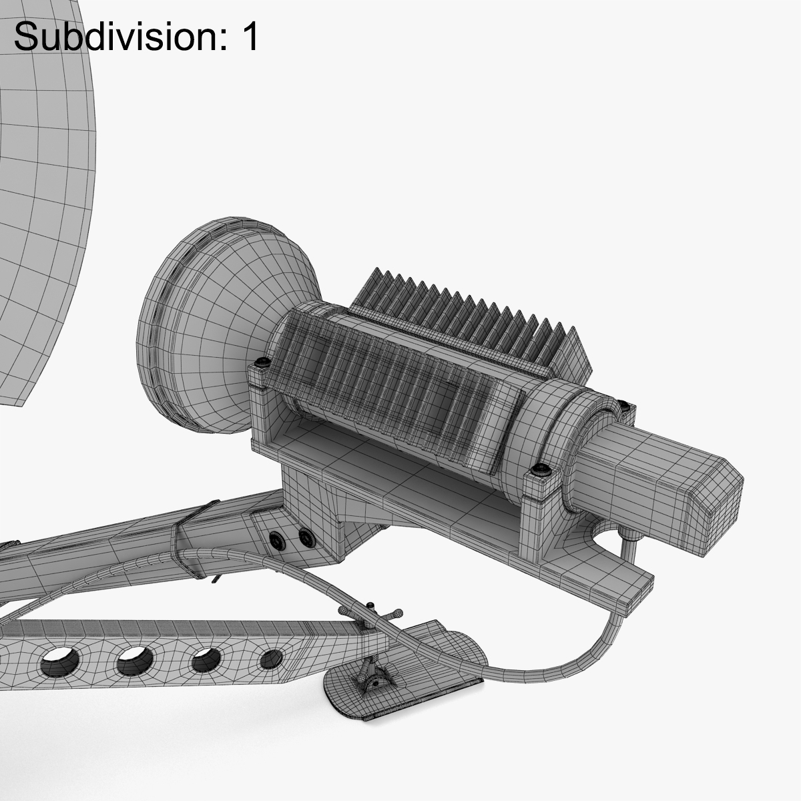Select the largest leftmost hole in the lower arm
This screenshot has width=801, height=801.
point(59,663)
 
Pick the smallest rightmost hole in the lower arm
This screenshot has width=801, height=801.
point(270,659)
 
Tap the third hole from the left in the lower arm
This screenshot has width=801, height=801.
point(207,661)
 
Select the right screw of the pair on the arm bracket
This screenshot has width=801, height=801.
point(305,536)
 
